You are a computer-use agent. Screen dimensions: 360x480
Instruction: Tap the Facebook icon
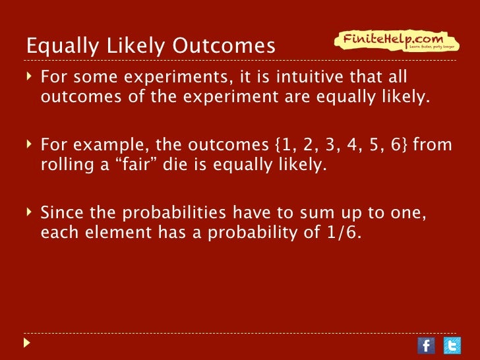tap(427, 345)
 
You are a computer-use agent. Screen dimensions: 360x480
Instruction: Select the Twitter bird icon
tap(452, 345)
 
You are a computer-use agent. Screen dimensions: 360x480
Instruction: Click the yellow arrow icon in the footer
tap(27, 344)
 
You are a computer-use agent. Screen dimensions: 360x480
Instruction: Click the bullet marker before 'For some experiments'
tap(30, 78)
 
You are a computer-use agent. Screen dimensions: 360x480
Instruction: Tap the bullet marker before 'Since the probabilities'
tap(30, 212)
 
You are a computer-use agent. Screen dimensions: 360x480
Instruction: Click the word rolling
tap(66, 165)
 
